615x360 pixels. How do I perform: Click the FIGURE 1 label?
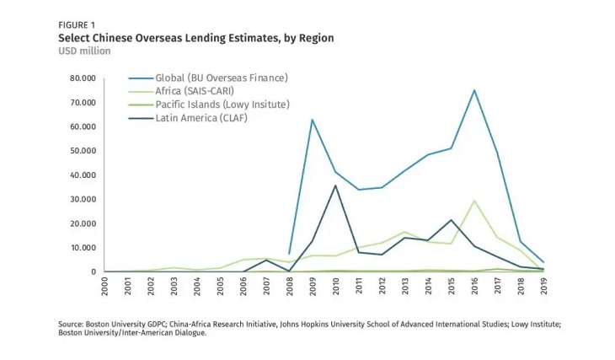[x=76, y=24]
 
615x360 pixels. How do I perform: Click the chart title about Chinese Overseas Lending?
[x=195, y=38]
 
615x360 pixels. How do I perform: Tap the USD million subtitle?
[x=84, y=51]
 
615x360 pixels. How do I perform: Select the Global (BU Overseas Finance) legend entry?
[x=222, y=78]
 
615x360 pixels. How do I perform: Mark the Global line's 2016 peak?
[x=474, y=90]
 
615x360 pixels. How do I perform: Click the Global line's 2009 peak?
[x=313, y=120]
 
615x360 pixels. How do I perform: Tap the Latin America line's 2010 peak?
[x=336, y=185]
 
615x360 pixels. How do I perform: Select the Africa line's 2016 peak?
[x=474, y=201]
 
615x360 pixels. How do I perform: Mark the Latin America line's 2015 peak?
[x=452, y=220]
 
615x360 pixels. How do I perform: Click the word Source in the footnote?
[x=72, y=324]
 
